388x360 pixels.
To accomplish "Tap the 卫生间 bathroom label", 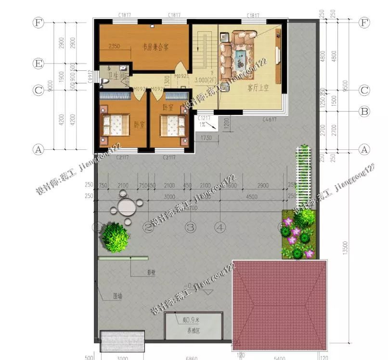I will pyautogui.click(x=116, y=76).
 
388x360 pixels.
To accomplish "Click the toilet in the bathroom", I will pyautogui.click(x=105, y=82).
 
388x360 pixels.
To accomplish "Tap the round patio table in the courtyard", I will pyautogui.click(x=126, y=207).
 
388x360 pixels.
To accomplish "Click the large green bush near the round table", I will pyautogui.click(x=115, y=236).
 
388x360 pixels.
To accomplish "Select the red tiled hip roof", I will pyautogui.click(x=280, y=304).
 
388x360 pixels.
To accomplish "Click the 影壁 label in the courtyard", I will pyautogui.click(x=151, y=272).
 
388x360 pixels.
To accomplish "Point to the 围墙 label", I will pyautogui.click(x=117, y=296).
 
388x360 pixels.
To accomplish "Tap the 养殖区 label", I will pyautogui.click(x=193, y=331).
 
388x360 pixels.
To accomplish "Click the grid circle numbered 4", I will pyautogui.click(x=220, y=226).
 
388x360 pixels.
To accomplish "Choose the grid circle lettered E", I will pyautogui.click(x=38, y=63).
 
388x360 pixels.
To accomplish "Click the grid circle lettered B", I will pyautogui.click(x=364, y=111).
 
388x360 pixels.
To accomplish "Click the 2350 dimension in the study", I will pyautogui.click(x=114, y=46).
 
